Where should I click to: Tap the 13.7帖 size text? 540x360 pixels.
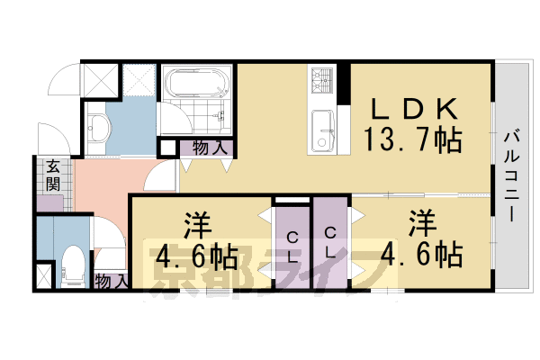point(413,140)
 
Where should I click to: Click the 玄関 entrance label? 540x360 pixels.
point(54,175)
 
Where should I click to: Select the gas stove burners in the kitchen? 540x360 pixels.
point(322,82)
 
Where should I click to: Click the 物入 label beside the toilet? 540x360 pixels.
point(110,282)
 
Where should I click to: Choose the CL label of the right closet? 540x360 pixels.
point(330,244)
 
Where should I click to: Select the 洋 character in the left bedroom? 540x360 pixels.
point(199,224)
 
